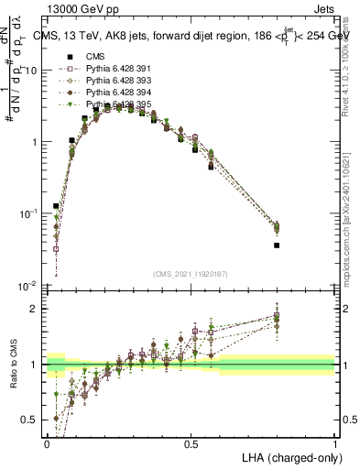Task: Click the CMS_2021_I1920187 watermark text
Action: (x=191, y=274)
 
